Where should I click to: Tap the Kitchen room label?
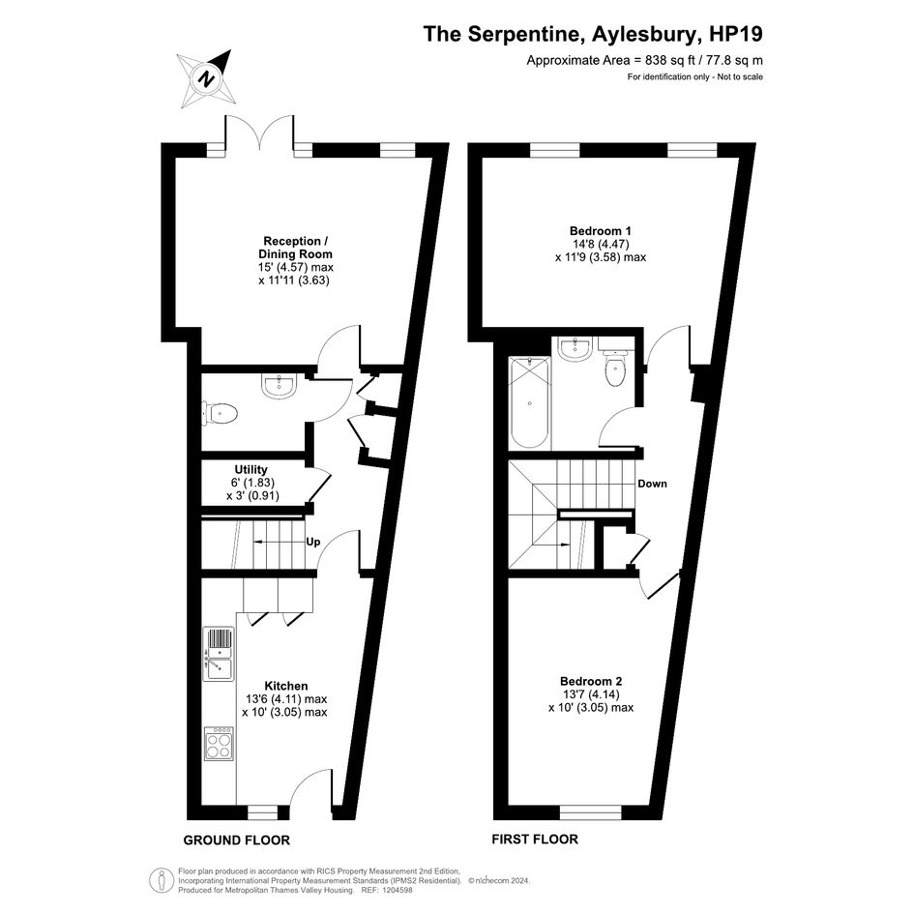pos(285,686)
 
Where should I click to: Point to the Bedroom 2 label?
pos(591,681)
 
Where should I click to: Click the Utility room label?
pos(251,469)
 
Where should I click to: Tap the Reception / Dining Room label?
pos(296,248)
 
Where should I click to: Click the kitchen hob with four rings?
pos(219,743)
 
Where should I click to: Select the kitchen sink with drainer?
pos(219,654)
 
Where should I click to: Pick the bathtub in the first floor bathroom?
pos(529,402)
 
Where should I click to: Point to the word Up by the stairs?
pos(313,542)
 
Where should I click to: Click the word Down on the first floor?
pos(652,484)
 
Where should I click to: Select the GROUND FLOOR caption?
pos(237,840)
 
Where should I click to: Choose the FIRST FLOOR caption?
pos(535,839)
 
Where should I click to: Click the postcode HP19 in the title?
pos(736,34)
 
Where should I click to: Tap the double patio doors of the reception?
pos(259,130)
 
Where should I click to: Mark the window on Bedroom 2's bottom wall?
pos(591,812)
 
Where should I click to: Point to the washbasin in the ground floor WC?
pos(280,385)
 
